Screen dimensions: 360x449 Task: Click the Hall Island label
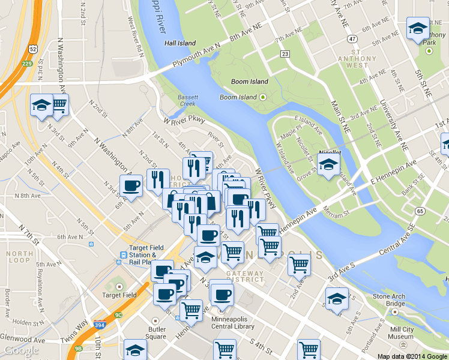coord(181,43)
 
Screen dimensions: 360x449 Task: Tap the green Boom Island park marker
coord(262,97)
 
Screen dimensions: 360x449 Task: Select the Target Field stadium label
coord(119,295)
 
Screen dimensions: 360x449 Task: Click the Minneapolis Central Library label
coord(233,323)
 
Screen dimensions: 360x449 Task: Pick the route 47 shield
coord(352,39)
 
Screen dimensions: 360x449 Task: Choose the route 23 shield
coord(285,54)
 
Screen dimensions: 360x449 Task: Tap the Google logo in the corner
coord(22,351)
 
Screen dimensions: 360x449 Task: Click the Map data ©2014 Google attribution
coord(412,356)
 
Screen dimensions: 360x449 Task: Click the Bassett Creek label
coord(187,100)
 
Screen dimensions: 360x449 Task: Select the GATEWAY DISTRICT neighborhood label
coord(245,276)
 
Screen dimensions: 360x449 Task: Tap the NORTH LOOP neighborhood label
coord(20,257)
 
